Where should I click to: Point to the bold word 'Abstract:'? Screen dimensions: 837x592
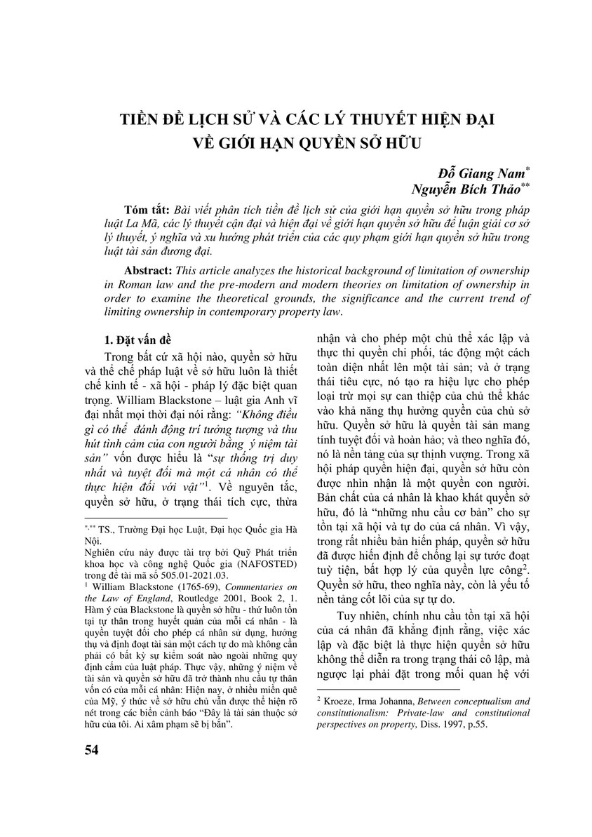(x=151, y=271)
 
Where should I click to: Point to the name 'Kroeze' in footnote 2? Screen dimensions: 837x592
(x=337, y=699)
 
